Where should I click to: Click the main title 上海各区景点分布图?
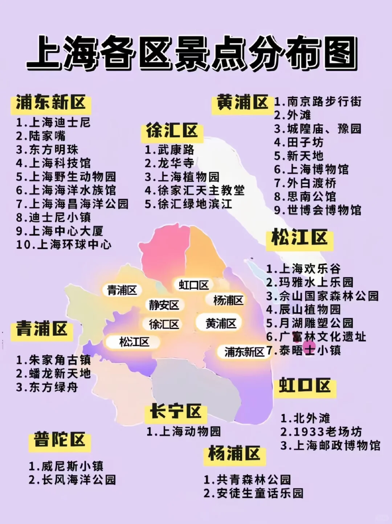pyautogui.click(x=192, y=53)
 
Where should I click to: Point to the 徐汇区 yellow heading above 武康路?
pyautogui.click(x=172, y=131)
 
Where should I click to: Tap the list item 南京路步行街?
pyautogui.click(x=318, y=101)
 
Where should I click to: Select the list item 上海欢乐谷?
pyautogui.click(x=303, y=269)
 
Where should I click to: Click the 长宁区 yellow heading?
pyautogui.click(x=175, y=412)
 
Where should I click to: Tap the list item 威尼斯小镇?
pyautogui.click(x=66, y=466)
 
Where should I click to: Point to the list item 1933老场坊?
pyautogui.click(x=321, y=432)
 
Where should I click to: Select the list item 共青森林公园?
pyautogui.click(x=247, y=480)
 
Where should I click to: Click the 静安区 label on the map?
pyautogui.click(x=164, y=305)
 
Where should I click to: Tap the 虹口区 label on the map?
pyautogui.click(x=194, y=285)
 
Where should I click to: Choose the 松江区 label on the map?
pyautogui.click(x=134, y=342)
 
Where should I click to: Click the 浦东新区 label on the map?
pyautogui.click(x=244, y=352)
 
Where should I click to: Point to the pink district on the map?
pyautogui.click(x=163, y=251)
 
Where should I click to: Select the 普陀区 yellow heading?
pyautogui.click(x=60, y=440)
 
